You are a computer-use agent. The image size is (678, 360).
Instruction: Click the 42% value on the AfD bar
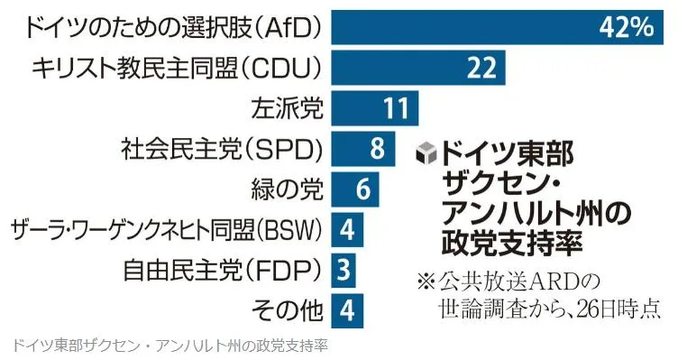click(x=626, y=27)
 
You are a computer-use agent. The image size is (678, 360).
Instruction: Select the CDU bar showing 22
click(x=418, y=68)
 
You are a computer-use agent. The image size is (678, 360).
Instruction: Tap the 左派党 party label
click(x=287, y=107)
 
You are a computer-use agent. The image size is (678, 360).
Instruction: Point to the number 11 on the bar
click(x=397, y=108)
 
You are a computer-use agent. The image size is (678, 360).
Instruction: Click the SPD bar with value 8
click(x=363, y=149)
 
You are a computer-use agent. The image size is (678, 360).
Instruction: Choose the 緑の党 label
click(x=287, y=189)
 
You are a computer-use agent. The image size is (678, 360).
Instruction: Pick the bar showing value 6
click(x=355, y=189)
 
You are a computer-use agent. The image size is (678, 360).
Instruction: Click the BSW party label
click(x=167, y=230)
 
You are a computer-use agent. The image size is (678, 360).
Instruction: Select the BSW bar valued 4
click(x=347, y=230)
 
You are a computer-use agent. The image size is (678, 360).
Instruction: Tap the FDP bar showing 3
click(x=344, y=271)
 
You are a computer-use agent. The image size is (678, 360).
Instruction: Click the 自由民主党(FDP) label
click(x=223, y=271)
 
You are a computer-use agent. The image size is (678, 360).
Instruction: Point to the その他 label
click(x=287, y=310)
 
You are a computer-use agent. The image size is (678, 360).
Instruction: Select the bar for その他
click(x=347, y=310)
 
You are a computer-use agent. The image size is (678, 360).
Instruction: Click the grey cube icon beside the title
click(x=426, y=153)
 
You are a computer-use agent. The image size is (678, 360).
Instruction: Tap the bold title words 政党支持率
click(x=512, y=243)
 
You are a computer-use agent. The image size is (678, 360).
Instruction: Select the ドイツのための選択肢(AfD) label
click(x=174, y=28)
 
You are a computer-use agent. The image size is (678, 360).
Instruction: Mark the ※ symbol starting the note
click(x=426, y=282)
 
